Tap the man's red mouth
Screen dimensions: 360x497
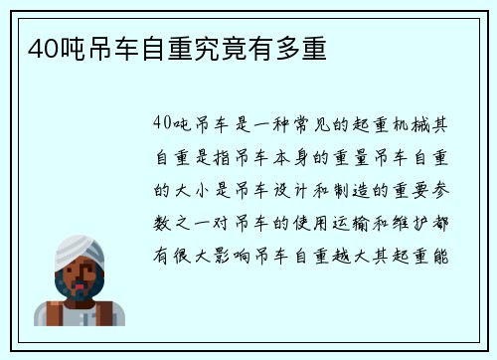(80, 288)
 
